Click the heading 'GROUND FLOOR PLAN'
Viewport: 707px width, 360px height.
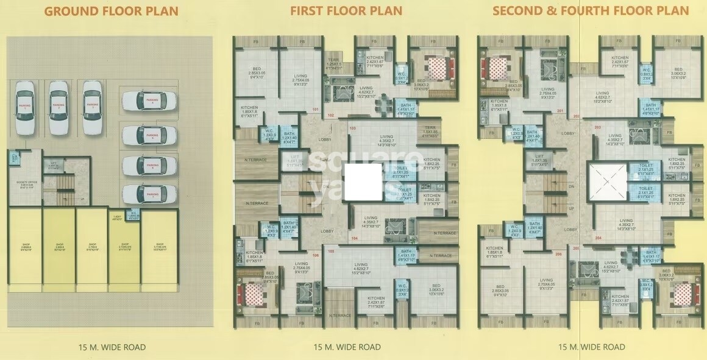[112, 11]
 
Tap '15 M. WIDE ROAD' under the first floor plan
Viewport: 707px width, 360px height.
[347, 347]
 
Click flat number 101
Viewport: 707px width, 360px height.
[315, 110]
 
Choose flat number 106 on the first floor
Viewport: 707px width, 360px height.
[315, 255]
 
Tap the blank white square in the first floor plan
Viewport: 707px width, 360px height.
[363, 183]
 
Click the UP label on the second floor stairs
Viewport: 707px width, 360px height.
[571, 208]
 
